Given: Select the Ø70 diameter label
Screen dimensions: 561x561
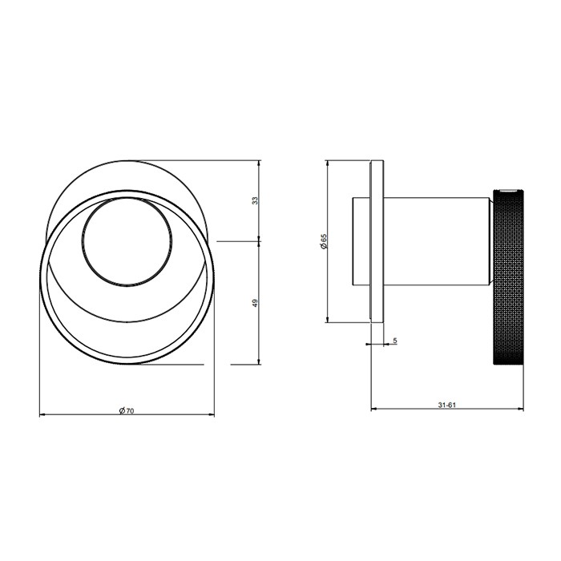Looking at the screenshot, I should tap(126, 410).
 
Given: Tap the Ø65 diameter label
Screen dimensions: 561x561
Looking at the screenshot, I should tap(323, 240).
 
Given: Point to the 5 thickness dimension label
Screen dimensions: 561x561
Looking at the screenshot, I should tap(395, 341).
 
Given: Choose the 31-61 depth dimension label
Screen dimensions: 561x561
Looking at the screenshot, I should tap(446, 405).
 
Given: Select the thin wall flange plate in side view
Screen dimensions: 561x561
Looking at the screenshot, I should tap(377, 240).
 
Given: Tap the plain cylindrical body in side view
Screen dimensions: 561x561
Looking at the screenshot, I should tap(437, 240).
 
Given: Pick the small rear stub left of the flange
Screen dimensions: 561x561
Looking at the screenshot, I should tap(361, 240).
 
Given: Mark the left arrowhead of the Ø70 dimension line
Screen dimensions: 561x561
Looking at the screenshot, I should tap(42, 415).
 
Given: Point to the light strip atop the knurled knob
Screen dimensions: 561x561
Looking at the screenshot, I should tap(507, 191).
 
